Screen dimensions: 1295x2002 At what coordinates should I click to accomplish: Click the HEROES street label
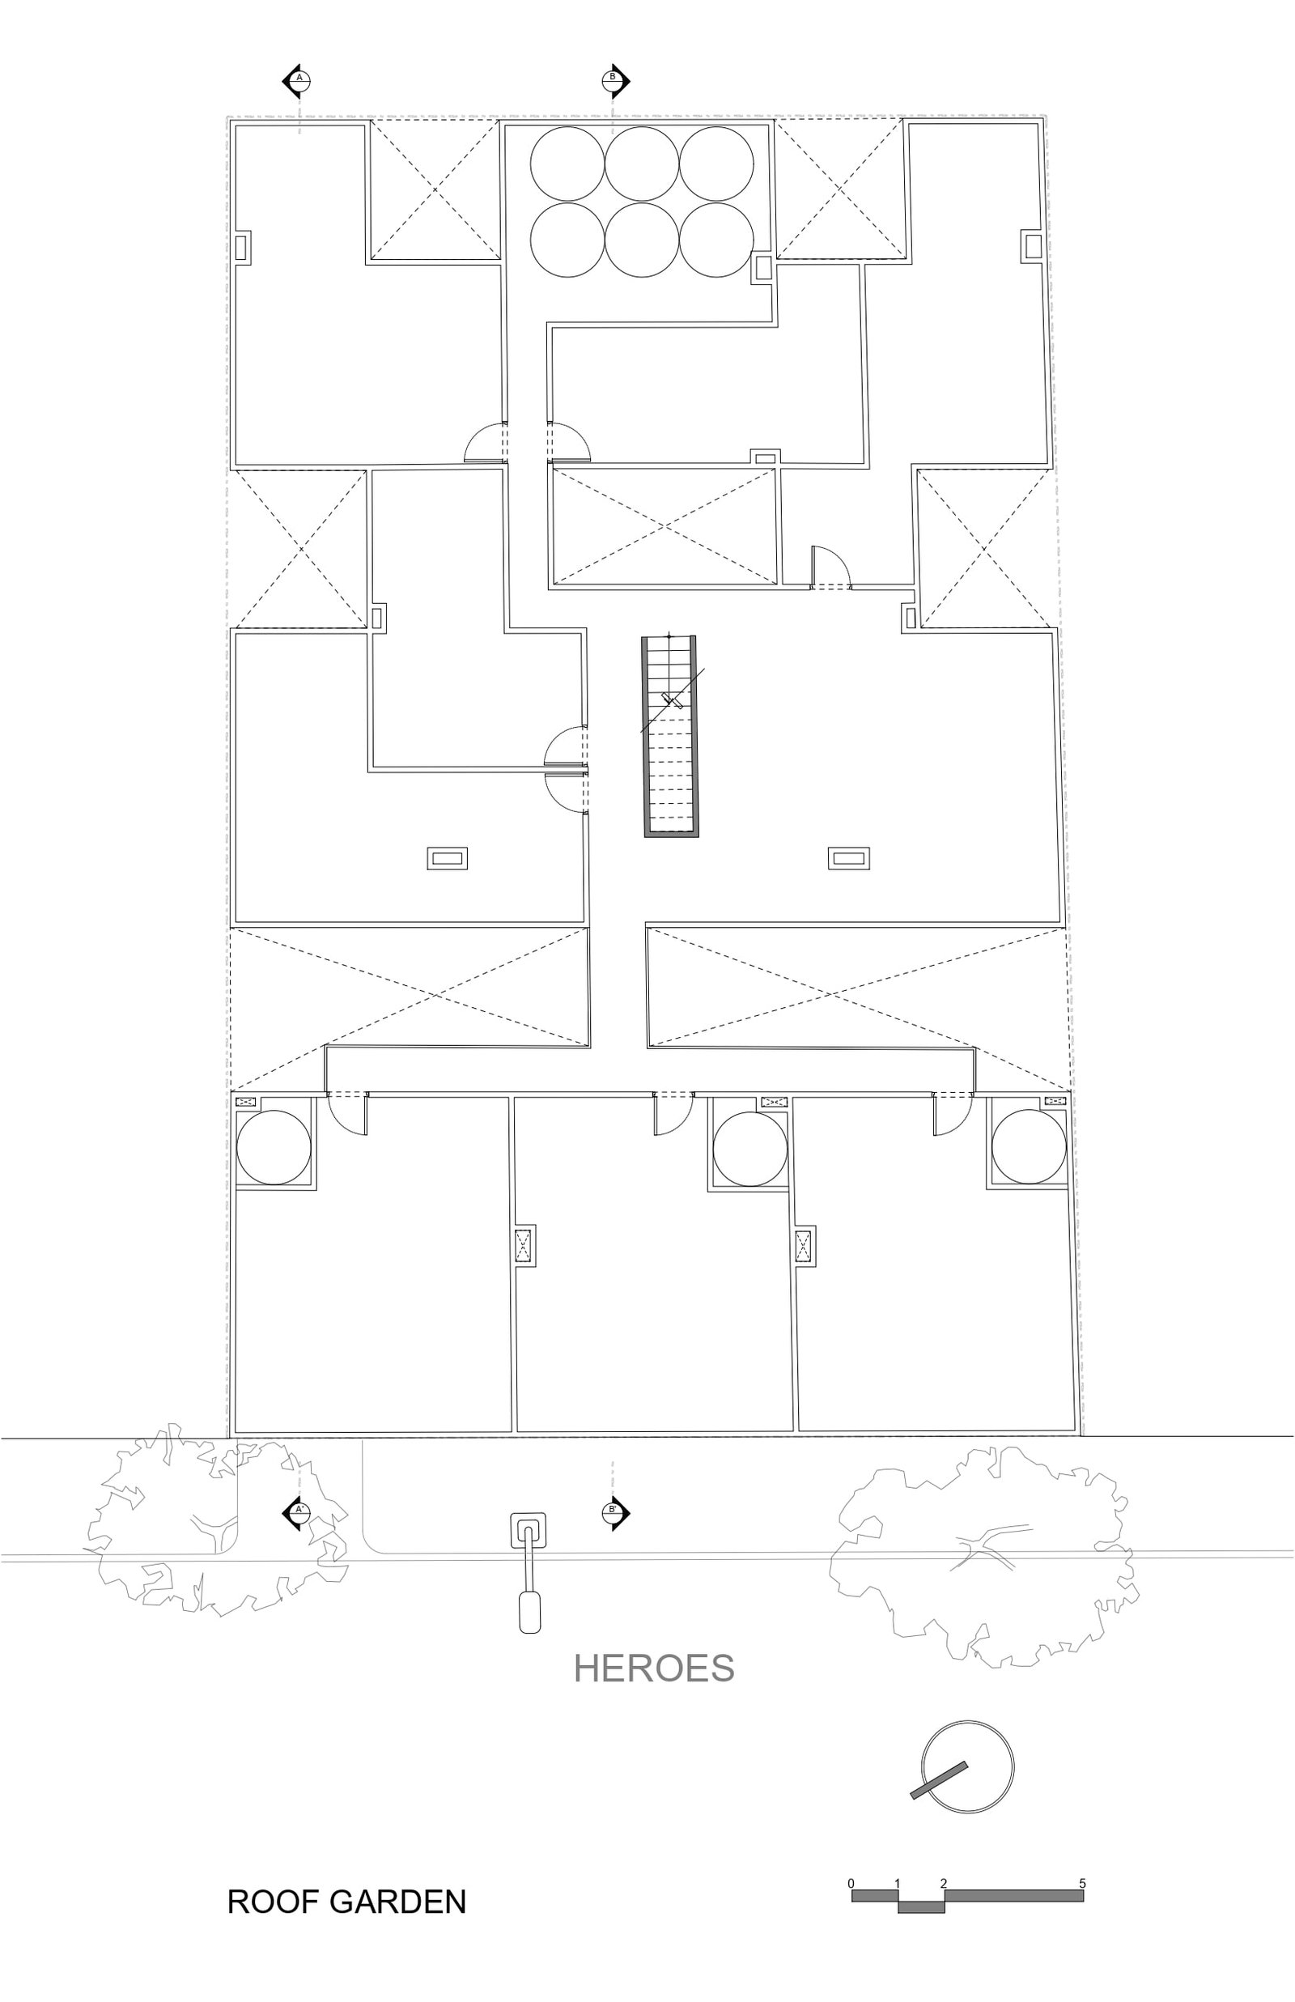coord(653,1668)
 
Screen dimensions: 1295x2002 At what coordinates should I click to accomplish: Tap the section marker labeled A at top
coord(297,81)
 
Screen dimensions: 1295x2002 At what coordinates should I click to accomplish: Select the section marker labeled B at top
coord(614,81)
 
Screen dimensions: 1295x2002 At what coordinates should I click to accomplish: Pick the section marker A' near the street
coord(297,1510)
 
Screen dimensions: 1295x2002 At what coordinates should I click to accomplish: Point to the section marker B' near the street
coord(614,1510)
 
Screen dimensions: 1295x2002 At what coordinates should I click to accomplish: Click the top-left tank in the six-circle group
coord(567,164)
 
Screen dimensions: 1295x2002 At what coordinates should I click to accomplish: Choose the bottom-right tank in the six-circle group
coord(716,240)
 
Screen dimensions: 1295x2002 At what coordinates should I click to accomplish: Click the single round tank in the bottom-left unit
coord(274,1147)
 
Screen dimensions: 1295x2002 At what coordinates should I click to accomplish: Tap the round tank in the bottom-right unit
coord(1030,1147)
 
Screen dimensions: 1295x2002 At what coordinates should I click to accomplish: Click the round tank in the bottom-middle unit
coord(750,1149)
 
